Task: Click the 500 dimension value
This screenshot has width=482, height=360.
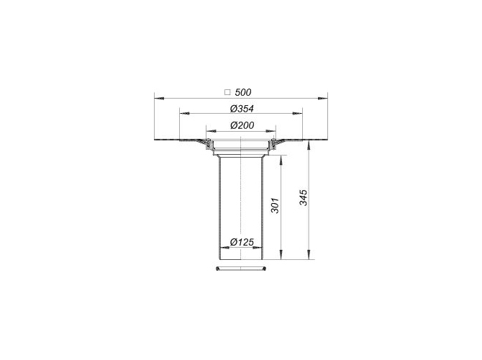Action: pos(243,92)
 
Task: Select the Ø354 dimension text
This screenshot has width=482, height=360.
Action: pos(242,109)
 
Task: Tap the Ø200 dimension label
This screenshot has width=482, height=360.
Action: pos(242,125)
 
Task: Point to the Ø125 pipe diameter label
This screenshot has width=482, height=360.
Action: pos(242,242)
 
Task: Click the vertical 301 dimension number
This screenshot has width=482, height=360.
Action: pos(275,205)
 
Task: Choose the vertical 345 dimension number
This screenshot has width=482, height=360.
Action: pos(303,197)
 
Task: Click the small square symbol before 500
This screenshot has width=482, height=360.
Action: pos(227,92)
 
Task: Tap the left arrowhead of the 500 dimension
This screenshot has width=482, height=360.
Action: pos(159,99)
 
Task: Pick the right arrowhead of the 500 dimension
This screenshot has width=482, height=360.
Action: pos(323,99)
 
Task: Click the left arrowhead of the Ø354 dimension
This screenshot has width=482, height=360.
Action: pos(184,114)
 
